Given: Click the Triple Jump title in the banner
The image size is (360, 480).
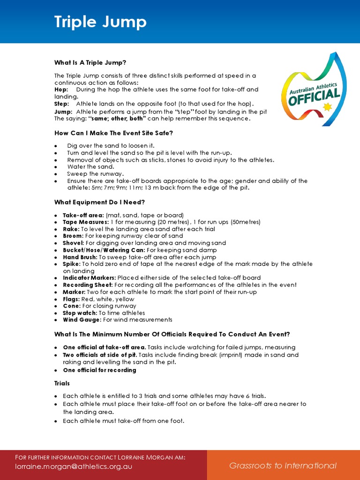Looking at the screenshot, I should pos(100,22).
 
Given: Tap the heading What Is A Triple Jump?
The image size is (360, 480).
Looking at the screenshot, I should pos(90,62).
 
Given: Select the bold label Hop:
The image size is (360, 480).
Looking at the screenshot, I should pos(61,90).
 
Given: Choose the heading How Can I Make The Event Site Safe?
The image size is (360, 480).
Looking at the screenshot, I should pos(113,133).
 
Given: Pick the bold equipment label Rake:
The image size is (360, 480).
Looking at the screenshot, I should pos(73,229).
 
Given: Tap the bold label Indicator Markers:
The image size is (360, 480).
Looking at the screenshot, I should pos(90,278).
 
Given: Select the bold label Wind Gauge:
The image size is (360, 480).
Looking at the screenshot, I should pos(82,320).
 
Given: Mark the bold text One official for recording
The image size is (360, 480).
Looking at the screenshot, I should pos(99,370).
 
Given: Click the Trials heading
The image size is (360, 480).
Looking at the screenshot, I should pos(62,383).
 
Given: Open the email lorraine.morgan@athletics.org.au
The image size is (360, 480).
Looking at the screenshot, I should pos(74,466).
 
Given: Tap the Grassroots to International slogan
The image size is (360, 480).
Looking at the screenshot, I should pos(283,465).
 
